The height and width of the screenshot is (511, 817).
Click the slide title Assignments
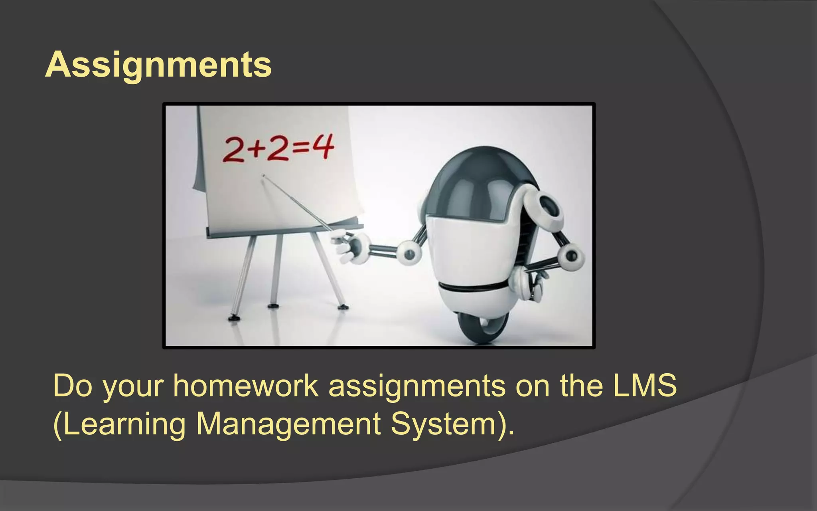click(x=158, y=65)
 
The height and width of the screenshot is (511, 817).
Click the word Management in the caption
click(x=288, y=424)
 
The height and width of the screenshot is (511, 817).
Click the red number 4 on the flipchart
click(x=322, y=147)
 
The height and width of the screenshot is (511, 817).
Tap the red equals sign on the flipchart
click(x=301, y=149)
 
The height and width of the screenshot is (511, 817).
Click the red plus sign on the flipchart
click(x=256, y=150)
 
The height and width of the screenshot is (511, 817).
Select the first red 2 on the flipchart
click(x=234, y=150)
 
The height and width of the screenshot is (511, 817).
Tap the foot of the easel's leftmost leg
click(x=233, y=318)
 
